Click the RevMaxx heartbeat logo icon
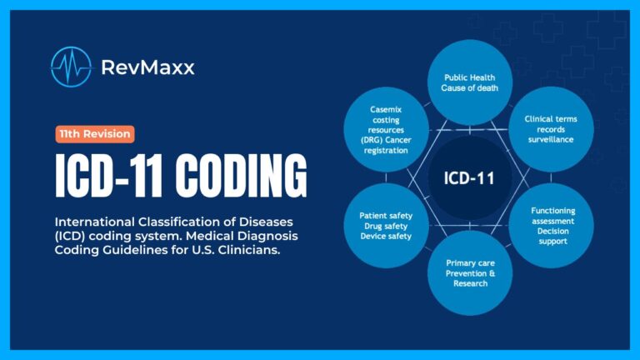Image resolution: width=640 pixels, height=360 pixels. click(71, 67)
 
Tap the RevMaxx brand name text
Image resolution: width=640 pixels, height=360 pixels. click(147, 67)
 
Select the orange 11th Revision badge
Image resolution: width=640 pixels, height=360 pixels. click(94, 133)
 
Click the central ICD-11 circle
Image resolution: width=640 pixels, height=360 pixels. click(469, 177)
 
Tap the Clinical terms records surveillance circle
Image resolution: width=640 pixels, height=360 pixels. click(551, 129)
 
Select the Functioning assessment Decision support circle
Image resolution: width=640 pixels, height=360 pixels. click(552, 225)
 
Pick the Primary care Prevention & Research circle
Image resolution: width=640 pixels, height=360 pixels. click(470, 272)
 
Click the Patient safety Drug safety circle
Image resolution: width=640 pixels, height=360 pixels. click(386, 225)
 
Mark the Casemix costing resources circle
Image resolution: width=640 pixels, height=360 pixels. click(386, 129)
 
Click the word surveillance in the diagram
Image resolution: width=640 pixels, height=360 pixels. click(551, 140)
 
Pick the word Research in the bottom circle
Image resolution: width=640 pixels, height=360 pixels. click(470, 283)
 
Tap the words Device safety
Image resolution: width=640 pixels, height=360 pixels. click(386, 236)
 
